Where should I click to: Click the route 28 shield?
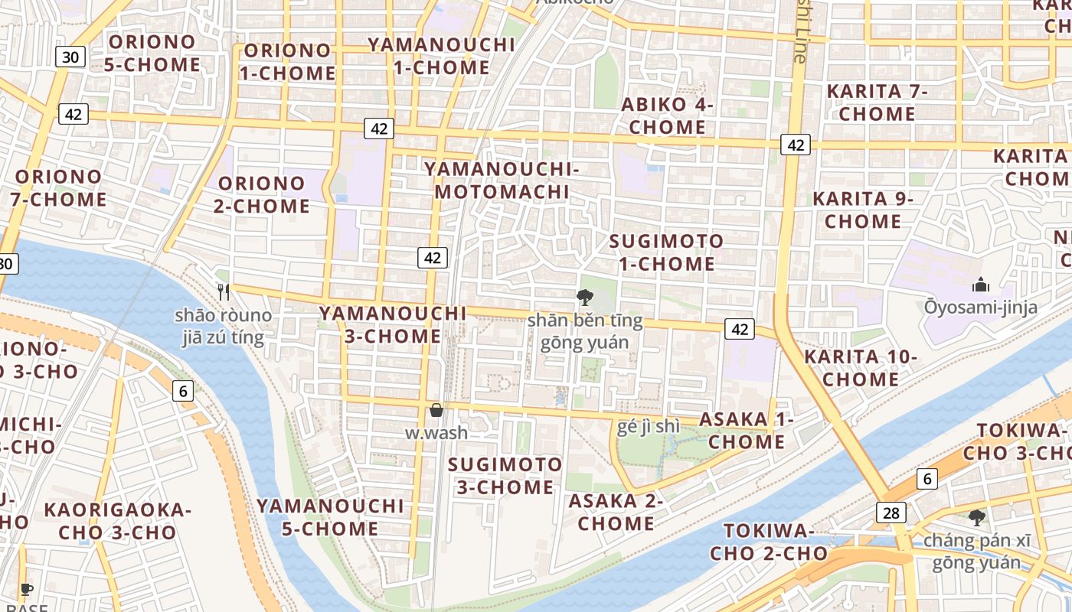pos(891,513)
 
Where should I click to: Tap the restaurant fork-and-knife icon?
pos(224,291)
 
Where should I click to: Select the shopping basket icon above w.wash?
pos(436,411)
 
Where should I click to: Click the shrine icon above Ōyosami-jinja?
pos(981,285)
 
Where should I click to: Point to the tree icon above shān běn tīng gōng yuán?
pos(585,298)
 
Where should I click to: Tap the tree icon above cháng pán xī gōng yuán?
pos(976,518)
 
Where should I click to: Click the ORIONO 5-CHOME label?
pos(152,53)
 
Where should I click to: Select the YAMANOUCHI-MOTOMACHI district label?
pos(502,180)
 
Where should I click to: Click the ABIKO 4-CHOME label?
pos(668,116)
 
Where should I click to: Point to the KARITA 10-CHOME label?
pos(861,368)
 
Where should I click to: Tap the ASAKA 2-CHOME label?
pos(616,512)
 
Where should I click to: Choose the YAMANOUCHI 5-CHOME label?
pos(330,517)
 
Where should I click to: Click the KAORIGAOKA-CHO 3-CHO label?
pos(117,521)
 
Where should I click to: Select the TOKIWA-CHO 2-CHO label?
pos(768,542)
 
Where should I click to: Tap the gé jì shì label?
pos(648,426)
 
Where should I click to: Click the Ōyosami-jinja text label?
pos(980,308)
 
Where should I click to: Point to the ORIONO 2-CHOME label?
pos(264,194)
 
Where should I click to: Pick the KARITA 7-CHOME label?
pos(877,103)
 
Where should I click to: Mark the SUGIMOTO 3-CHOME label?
pos(505,476)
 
